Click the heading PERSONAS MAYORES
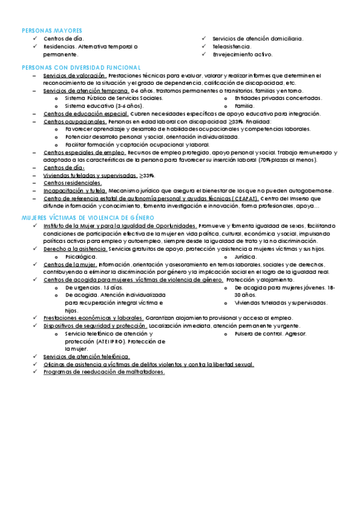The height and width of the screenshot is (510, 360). pos(52,30)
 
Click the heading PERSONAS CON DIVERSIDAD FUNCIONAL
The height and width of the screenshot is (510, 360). pos(81,67)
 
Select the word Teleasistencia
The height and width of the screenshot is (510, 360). pos(232,46)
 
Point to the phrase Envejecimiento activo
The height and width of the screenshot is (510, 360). pos(242,54)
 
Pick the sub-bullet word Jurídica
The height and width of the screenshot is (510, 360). pos(246,256)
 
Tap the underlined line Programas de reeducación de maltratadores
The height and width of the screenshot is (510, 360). pos(103,372)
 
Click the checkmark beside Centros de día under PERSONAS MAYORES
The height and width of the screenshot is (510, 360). pos(35,38)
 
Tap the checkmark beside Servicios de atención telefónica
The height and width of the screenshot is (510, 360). pos(35,356)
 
